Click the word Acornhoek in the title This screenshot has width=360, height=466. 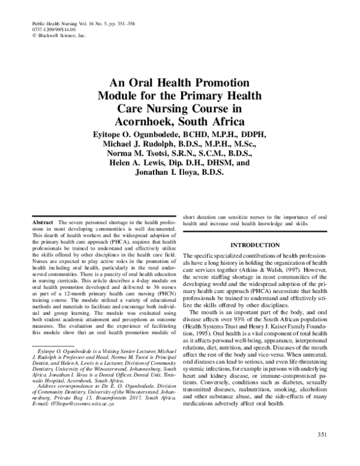pyautogui.click(x=140, y=121)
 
